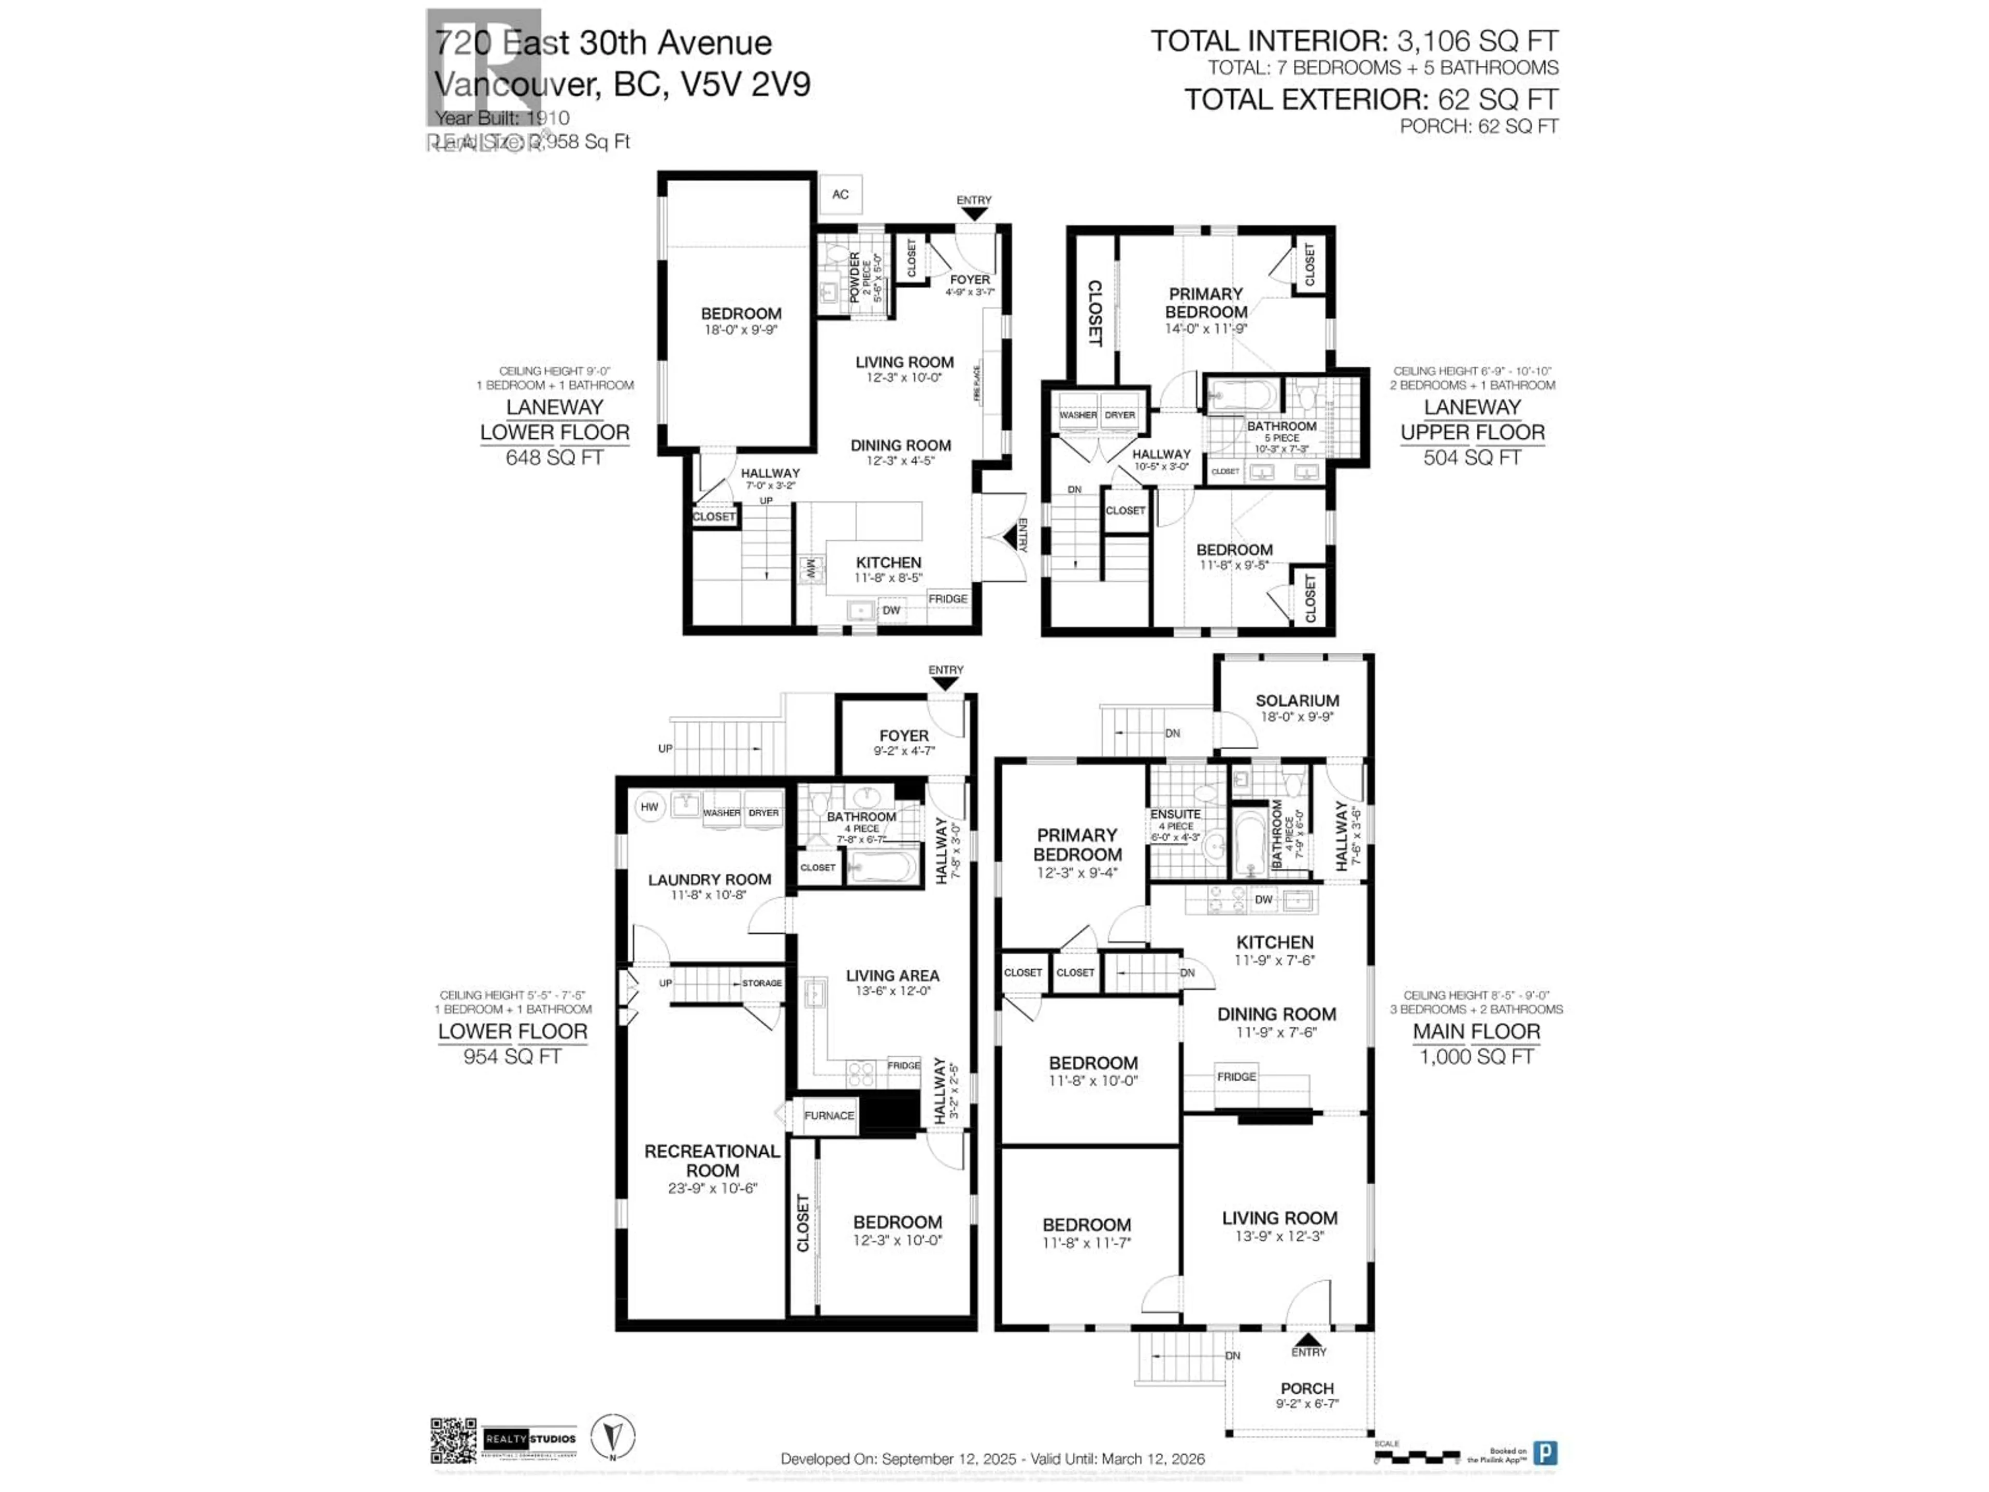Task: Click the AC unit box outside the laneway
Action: [840, 194]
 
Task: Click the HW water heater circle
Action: [649, 807]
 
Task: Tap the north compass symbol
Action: [612, 1436]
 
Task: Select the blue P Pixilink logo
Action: [1545, 1453]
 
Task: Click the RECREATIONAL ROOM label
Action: [712, 1160]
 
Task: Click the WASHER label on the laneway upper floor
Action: [1077, 415]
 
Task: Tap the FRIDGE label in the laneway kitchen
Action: [948, 599]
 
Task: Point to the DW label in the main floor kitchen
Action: [1263, 899]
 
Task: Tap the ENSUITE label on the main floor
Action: [1175, 814]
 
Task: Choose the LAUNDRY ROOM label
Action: [710, 880]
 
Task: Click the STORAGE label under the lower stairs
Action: [761, 983]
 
